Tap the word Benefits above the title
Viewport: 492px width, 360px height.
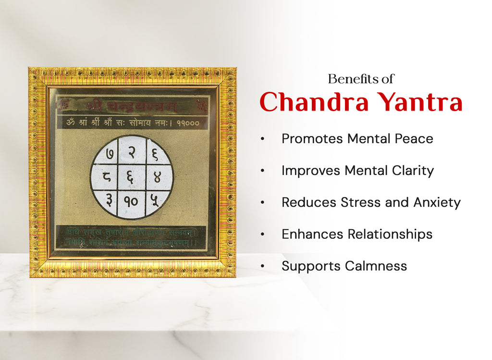[x=348, y=79]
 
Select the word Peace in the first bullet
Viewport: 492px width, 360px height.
[x=414, y=139]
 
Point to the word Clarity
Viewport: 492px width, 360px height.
[x=413, y=171]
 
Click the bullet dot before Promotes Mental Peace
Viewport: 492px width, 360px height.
[x=262, y=139]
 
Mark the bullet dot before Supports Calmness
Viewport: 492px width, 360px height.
[x=262, y=266]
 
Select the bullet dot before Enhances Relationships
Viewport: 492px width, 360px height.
[x=262, y=235]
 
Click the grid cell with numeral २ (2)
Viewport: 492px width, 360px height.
[x=132, y=150]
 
